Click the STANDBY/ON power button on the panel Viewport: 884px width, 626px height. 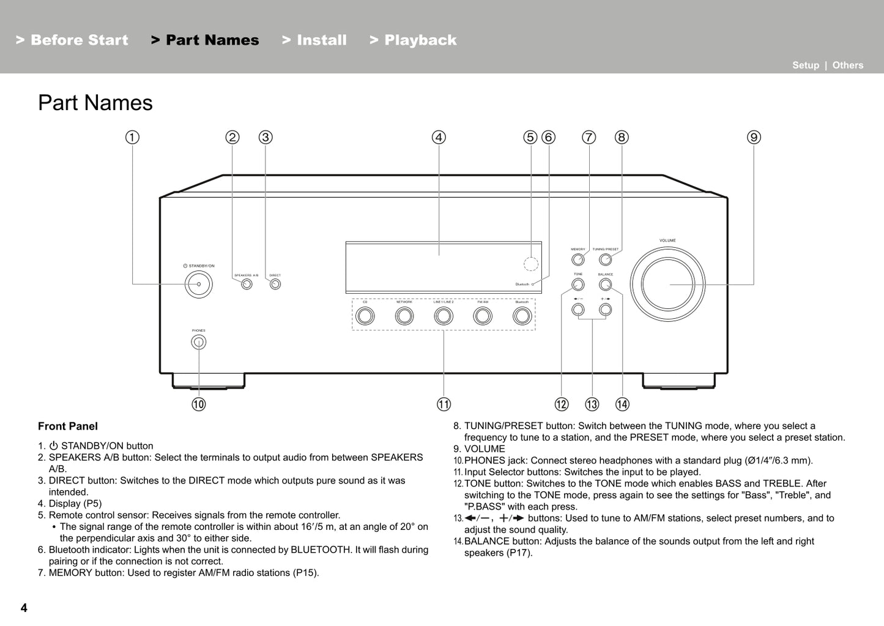pos(199,284)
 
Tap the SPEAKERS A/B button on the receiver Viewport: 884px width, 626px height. pos(247,284)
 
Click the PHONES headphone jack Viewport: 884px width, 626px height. pos(198,343)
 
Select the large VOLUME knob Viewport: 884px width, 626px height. pos(667,285)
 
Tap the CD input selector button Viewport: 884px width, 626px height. pos(365,316)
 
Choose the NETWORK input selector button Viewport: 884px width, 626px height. pos(404,316)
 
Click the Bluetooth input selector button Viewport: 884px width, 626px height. pos(522,316)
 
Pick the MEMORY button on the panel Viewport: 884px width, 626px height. pos(578,259)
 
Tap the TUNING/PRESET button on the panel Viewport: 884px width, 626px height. pos(606,259)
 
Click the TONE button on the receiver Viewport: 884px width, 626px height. pos(578,285)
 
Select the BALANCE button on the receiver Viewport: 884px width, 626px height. pos(606,285)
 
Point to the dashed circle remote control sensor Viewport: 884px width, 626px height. pos(531,264)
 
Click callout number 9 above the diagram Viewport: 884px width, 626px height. pos(754,138)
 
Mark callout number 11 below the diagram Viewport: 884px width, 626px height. pos(444,404)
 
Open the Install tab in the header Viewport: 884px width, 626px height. pos(314,40)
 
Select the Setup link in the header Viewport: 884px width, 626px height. pos(805,65)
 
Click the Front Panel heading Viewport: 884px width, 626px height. pos(68,427)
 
